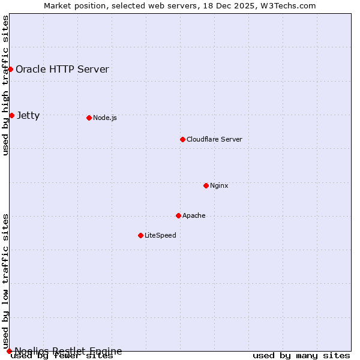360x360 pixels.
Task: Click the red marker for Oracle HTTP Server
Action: point(10,69)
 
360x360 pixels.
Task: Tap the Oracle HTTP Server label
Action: point(62,69)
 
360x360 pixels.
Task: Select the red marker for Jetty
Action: point(11,115)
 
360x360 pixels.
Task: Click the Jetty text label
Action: point(28,115)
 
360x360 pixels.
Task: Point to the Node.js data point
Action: point(89,118)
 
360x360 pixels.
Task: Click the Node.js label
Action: point(105,118)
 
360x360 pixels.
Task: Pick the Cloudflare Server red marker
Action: point(182,139)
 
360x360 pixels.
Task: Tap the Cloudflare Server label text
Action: point(214,139)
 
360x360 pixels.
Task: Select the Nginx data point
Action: point(206,185)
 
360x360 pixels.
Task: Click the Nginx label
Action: point(219,185)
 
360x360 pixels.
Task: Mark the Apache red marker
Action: point(178,215)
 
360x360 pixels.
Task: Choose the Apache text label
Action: point(194,215)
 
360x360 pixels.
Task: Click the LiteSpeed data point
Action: point(140,235)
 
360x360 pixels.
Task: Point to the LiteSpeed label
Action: point(160,235)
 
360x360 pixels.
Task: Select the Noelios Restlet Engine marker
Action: point(9,351)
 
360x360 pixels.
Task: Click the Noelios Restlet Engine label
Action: point(68,351)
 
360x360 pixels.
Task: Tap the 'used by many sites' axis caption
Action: point(301,356)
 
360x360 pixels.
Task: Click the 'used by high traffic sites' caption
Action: point(5,85)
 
